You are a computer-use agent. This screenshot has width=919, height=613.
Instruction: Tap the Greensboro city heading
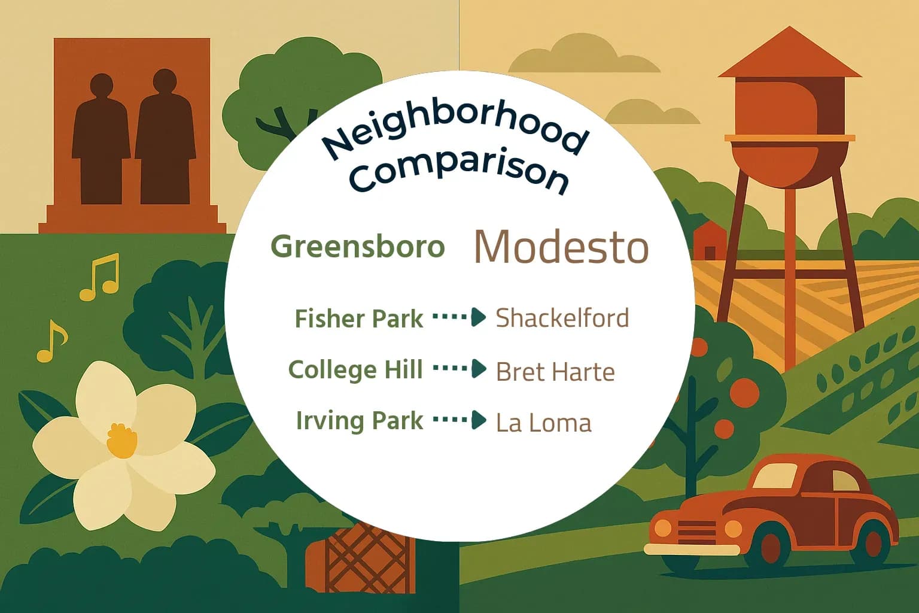coord(358,247)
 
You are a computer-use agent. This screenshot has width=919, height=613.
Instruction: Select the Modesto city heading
coord(561,247)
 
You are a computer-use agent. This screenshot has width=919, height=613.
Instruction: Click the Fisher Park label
coord(358,318)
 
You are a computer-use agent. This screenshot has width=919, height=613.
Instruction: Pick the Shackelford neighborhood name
coord(562,318)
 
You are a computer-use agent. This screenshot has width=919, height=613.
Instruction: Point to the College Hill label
coord(355,369)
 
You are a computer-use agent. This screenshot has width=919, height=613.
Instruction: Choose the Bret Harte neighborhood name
coord(555,372)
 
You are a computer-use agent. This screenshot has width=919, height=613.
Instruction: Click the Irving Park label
coord(359,420)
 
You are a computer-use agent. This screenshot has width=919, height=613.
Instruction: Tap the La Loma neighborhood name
coord(543,423)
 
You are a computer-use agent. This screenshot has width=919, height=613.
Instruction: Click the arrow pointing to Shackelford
coord(459,317)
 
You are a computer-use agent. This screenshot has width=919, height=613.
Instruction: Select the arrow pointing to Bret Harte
coord(459,368)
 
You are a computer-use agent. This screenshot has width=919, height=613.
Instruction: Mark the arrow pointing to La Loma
coord(459,420)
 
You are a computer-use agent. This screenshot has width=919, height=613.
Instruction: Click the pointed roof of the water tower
coord(790,54)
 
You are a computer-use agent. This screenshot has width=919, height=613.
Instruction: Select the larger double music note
coord(101,277)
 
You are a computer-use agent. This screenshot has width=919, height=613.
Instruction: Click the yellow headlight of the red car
coord(733,529)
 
